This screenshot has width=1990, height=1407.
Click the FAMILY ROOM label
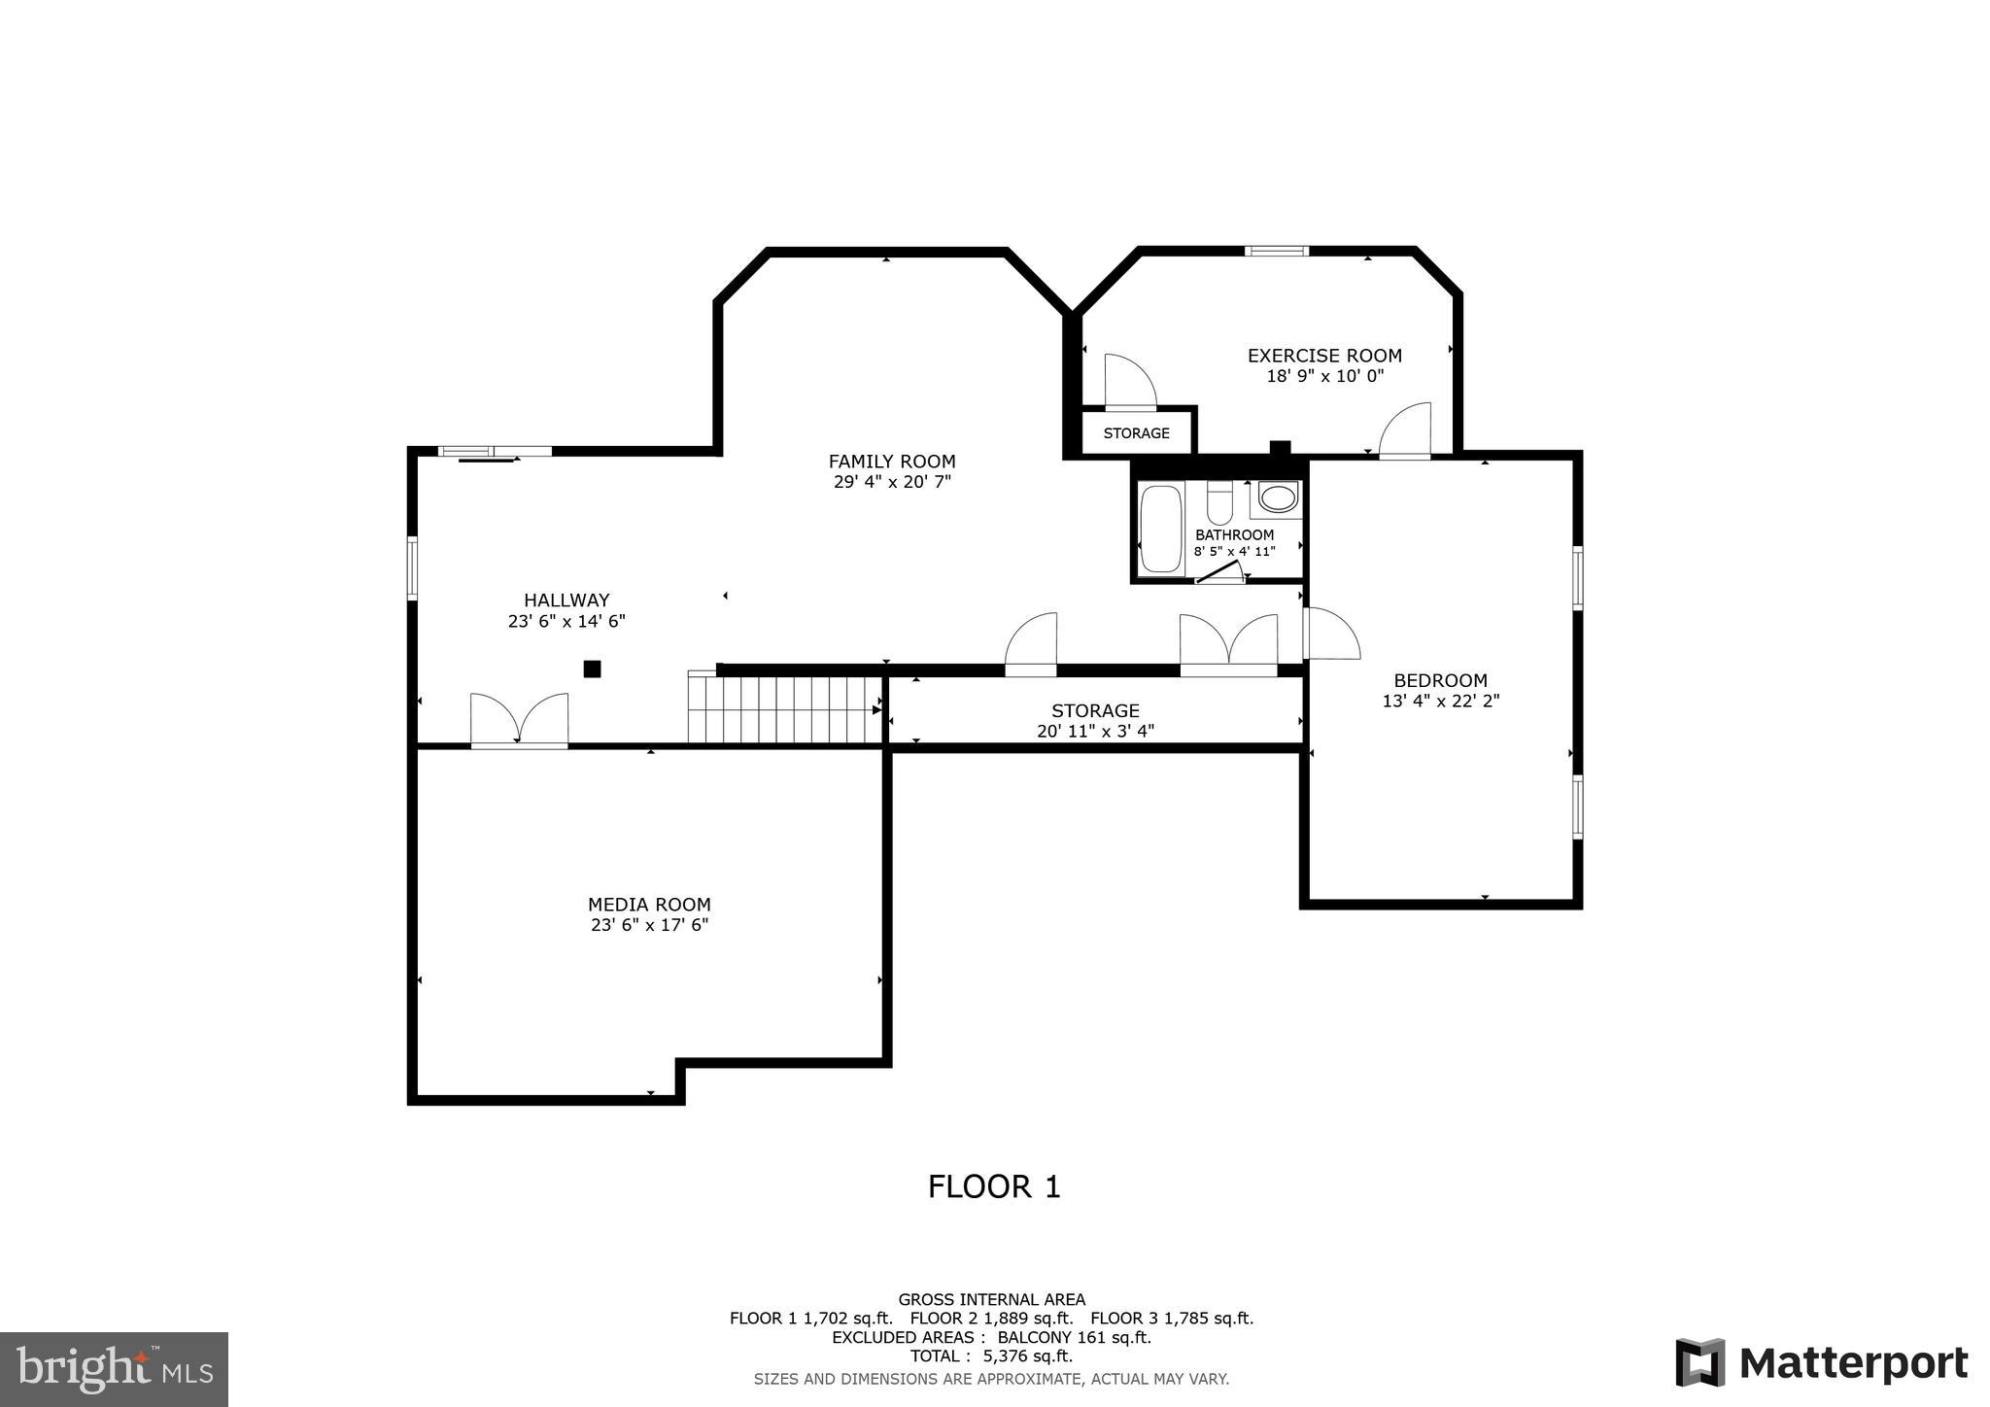[891, 462]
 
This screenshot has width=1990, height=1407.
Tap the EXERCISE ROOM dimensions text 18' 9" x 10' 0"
[1324, 376]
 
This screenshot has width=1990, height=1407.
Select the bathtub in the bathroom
[1160, 529]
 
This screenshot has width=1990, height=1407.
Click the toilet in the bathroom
[1219, 503]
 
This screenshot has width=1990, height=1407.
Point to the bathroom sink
[1278, 498]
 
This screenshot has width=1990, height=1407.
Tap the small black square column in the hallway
[592, 669]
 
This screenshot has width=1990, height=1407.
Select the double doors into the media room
[519, 721]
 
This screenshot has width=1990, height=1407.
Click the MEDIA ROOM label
[649, 905]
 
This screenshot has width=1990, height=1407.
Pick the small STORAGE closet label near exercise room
[1136, 433]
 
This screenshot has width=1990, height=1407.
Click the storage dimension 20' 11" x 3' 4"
[1095, 732]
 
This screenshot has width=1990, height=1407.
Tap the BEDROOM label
[1440, 680]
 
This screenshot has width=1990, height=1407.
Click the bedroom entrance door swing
[1331, 635]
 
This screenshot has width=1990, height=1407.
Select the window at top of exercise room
[1276, 252]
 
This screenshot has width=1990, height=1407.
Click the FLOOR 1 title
[993, 1186]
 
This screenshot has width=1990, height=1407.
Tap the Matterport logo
[1821, 1363]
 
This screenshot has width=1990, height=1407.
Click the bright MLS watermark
[114, 1370]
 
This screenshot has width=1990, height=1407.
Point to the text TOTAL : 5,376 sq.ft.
[991, 1356]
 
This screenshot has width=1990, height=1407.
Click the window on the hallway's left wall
[412, 568]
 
